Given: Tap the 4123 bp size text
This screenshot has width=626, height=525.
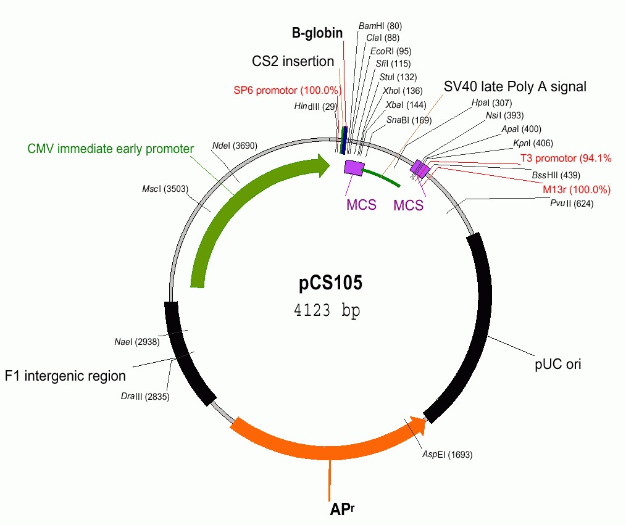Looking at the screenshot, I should pos(327,310).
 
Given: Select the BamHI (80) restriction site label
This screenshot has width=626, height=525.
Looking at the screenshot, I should pos(380,26).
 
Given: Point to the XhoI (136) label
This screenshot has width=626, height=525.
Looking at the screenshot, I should pos(399,90).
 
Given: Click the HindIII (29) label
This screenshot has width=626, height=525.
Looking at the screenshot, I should pos(315,107).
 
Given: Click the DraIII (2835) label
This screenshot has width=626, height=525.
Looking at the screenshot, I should pos(145,396).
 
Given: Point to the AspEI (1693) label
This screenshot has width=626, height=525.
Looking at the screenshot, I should pos(447,455).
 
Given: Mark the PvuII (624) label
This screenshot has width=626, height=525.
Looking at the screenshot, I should pos(572,204).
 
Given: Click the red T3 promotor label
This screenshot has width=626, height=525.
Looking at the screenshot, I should pos(565,159).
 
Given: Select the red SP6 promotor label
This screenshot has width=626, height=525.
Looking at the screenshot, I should pos(287,90).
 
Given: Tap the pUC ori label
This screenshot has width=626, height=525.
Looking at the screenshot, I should pos(557,364).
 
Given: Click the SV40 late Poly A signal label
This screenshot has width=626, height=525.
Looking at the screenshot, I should pos(515,86).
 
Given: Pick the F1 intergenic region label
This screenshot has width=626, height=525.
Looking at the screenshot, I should pos(65,376).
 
